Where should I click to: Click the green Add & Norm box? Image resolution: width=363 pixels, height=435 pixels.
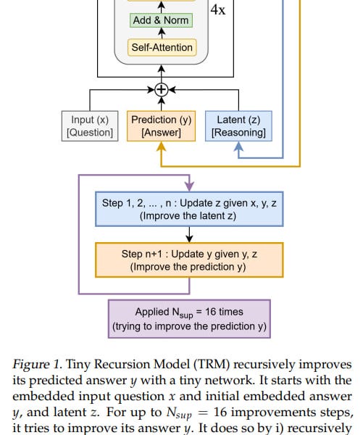click(x=162, y=20)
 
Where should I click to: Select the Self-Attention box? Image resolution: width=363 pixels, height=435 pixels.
click(x=162, y=48)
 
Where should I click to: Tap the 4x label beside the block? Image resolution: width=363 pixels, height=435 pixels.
click(x=217, y=11)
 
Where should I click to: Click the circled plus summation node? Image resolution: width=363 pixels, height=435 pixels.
click(x=162, y=90)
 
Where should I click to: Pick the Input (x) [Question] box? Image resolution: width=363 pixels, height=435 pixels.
click(x=90, y=125)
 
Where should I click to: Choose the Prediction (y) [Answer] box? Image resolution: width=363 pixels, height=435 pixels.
click(x=162, y=125)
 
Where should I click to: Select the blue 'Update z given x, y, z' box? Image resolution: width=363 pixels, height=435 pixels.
click(x=188, y=210)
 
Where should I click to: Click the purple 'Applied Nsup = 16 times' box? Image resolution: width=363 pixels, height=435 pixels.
click(x=188, y=318)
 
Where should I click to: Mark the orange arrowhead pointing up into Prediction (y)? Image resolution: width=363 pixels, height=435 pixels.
click(x=162, y=146)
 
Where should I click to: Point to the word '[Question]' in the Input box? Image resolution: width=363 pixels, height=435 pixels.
click(x=90, y=133)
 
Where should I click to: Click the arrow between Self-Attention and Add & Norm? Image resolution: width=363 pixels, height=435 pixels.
click(x=162, y=34)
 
